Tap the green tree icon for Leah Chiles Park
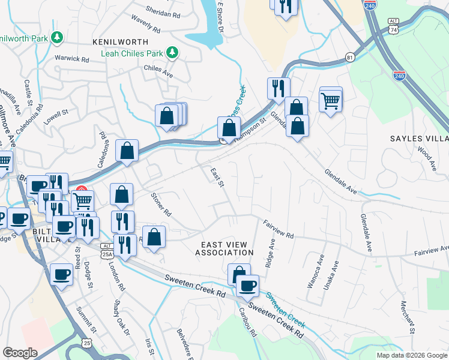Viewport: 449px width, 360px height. [x=172, y=53]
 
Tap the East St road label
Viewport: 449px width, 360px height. [x=217, y=177]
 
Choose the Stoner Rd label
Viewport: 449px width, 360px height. [x=161, y=205]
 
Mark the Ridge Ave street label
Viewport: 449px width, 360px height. [x=271, y=253]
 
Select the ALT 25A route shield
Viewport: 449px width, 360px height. [x=107, y=250]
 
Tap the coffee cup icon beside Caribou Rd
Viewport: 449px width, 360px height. [x=247, y=286]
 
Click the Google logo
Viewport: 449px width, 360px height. [x=20, y=353]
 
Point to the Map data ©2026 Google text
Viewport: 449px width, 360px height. [x=411, y=355]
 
